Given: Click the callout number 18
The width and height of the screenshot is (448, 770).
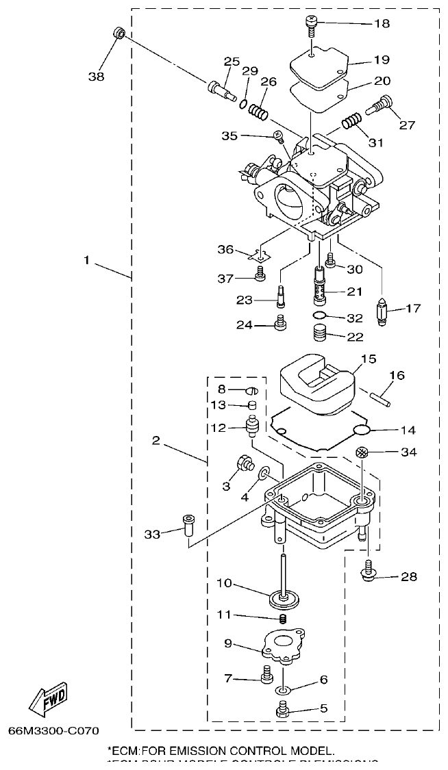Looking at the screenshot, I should pyautogui.click(x=382, y=23).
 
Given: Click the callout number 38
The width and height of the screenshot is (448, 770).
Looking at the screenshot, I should pyautogui.click(x=97, y=77).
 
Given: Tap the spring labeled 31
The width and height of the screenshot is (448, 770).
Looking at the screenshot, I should pyautogui.click(x=351, y=123).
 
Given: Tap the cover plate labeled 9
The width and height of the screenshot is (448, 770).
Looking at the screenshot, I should pyautogui.click(x=279, y=645).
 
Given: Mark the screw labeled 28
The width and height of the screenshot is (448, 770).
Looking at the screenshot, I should pyautogui.click(x=368, y=567).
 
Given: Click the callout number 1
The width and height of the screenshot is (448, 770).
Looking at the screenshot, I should pyautogui.click(x=87, y=260).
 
